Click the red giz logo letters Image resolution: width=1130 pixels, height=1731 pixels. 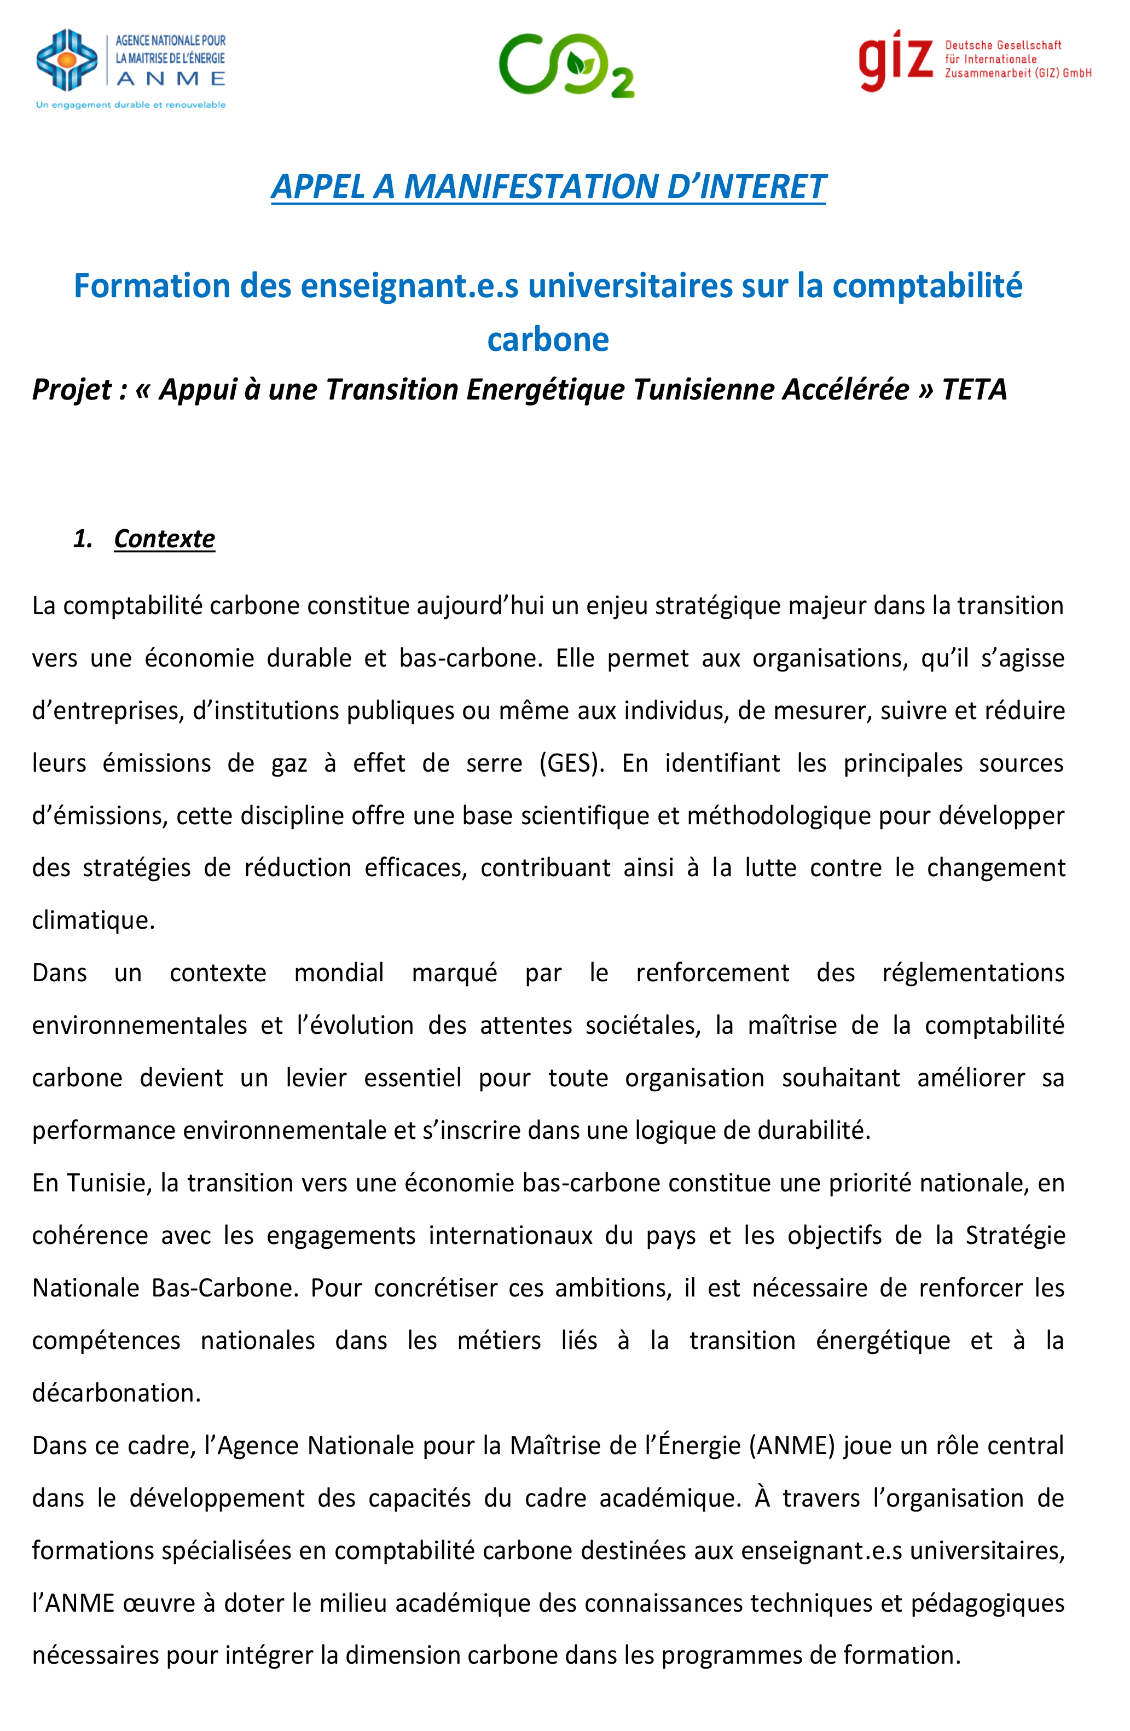(x=895, y=60)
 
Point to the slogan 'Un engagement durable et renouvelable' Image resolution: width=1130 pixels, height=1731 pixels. (x=131, y=105)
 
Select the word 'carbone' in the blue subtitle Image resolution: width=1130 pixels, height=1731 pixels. (x=548, y=340)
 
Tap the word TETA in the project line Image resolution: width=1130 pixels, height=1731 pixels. (x=975, y=390)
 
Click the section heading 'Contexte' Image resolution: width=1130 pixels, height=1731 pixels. (x=164, y=539)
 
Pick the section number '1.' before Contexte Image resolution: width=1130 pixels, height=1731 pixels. (x=83, y=539)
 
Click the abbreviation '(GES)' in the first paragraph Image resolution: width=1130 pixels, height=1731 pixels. (x=571, y=763)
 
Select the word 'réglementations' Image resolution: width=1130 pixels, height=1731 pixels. (x=973, y=973)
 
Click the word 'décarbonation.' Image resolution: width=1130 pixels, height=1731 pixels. (x=117, y=1393)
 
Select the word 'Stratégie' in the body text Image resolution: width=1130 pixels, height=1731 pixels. (x=1015, y=1236)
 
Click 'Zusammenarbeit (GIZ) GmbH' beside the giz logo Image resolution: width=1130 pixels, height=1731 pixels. (x=1018, y=73)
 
